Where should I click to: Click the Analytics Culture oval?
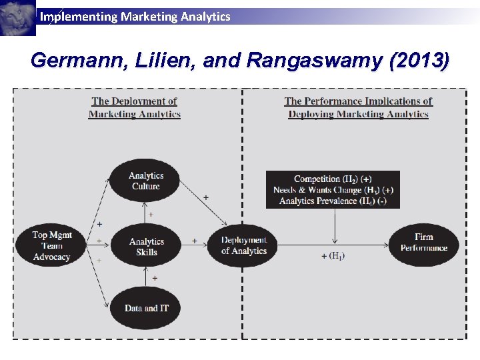[x=145, y=181]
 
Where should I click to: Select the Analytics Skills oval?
[x=145, y=246]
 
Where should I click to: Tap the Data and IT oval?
[x=145, y=308]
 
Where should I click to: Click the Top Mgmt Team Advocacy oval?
[x=51, y=245]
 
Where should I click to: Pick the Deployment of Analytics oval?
[x=243, y=245]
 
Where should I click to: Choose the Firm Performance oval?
[x=423, y=243]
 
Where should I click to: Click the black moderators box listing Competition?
[x=333, y=189]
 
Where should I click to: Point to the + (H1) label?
[x=333, y=255]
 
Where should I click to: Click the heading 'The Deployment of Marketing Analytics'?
[x=135, y=107]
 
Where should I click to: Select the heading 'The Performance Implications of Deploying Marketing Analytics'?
[x=358, y=107]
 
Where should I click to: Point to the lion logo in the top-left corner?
[x=17, y=17]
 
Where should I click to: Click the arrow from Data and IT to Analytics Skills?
[x=145, y=277]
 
